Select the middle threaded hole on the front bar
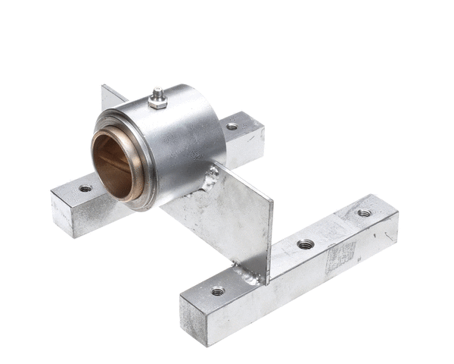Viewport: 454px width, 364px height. point(305,244)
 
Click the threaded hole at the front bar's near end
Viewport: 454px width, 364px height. point(217,290)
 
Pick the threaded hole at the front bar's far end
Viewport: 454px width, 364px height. point(364,213)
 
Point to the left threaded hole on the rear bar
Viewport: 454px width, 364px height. point(85,188)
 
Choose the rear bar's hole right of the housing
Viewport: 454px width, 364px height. point(232,126)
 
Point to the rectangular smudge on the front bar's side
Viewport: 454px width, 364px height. point(340,258)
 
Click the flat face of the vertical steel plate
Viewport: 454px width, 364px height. point(227,220)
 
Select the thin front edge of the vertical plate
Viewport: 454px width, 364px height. point(269,243)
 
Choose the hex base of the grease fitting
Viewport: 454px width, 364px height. point(157,104)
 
